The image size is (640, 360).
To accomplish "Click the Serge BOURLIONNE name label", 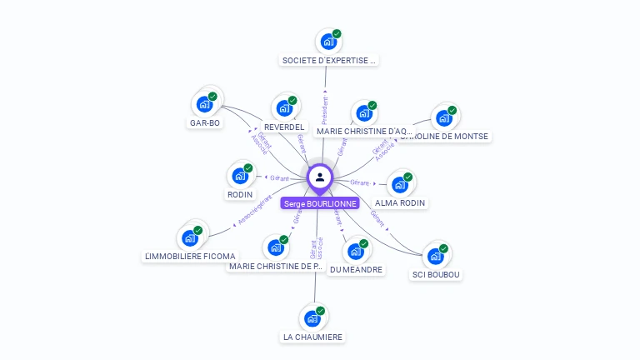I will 320,203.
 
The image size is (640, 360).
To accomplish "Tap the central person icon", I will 320,177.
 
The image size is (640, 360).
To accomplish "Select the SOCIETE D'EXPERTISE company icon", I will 328,41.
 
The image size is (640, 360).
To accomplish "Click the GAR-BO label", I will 205,123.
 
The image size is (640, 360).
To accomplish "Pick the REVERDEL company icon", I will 284,108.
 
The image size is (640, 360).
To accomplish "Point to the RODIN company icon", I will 240,176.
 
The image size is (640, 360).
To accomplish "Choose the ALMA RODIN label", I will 400,202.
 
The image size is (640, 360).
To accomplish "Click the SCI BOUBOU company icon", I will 436,256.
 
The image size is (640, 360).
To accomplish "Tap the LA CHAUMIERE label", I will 312,337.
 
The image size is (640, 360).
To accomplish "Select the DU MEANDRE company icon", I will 356,251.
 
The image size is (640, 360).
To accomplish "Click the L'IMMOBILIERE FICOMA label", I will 190,256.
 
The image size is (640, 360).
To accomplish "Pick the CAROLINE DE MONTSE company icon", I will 444,117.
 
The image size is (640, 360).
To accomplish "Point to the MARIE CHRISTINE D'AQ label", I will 362,131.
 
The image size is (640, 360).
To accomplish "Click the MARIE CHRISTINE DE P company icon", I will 276,247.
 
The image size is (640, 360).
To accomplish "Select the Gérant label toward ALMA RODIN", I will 360,182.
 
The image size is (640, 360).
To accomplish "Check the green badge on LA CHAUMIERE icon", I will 321,311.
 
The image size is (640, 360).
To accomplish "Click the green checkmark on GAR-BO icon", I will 212,97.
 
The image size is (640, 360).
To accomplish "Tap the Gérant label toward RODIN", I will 279,177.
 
